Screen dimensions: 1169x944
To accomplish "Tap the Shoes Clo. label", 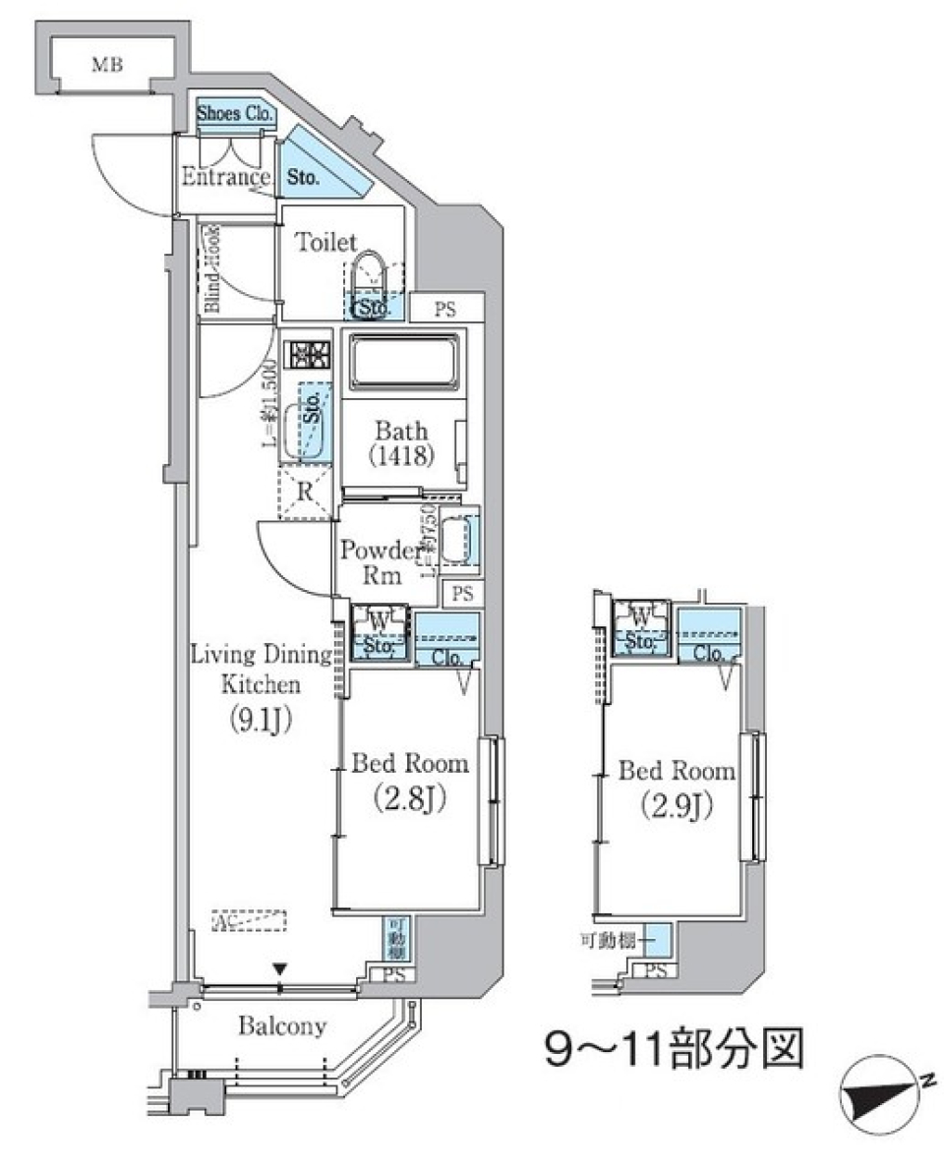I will pyautogui.click(x=235, y=114).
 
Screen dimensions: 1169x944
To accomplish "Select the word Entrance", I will pyautogui.click(x=226, y=178).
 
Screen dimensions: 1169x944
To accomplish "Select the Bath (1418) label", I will pyautogui.click(x=400, y=442).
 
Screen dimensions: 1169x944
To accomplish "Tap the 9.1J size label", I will pyautogui.click(x=261, y=720).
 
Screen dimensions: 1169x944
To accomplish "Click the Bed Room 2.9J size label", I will pyautogui.click(x=677, y=805).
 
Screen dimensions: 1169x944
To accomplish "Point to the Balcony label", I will pyautogui.click(x=282, y=1027).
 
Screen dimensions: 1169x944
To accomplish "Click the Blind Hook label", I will pyautogui.click(x=211, y=268).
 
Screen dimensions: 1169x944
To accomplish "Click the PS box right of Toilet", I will pyautogui.click(x=445, y=308).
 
